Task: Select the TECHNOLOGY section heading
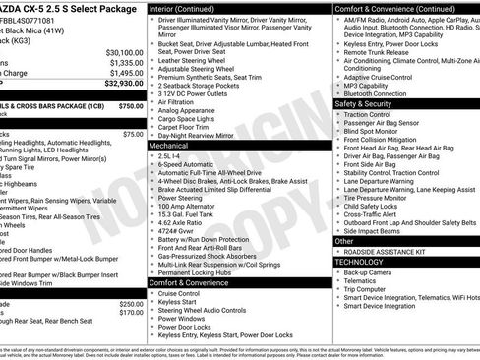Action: [360, 262]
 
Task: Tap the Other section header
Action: [344, 240]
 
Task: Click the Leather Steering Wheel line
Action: [192, 60]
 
